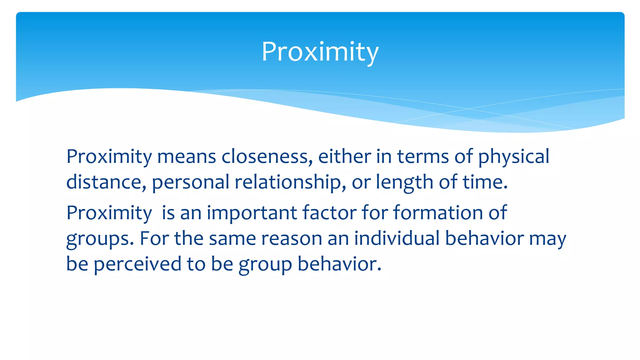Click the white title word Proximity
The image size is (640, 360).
tap(320, 52)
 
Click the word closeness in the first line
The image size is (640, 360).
tap(267, 156)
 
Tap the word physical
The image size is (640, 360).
tap(513, 156)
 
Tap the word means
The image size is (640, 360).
tap(187, 156)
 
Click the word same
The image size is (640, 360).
tap(232, 238)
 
